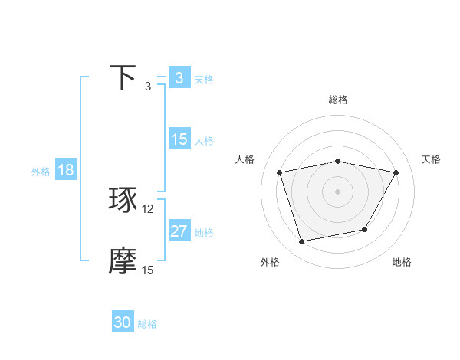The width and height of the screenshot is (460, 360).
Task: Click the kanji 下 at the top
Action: click(123, 78)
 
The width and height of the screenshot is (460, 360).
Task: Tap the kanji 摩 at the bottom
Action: click(123, 262)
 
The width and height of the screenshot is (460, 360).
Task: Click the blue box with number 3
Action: click(179, 78)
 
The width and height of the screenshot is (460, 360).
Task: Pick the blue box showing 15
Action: click(179, 139)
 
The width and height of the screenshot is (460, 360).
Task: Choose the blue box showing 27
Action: click(179, 231)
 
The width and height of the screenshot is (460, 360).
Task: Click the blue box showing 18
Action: click(66, 170)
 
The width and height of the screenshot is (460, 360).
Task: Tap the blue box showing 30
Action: click(123, 322)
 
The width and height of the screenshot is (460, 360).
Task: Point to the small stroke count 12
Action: click(148, 209)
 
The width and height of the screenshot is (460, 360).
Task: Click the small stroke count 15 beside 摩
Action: click(148, 270)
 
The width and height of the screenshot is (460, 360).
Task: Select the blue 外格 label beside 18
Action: click(41, 172)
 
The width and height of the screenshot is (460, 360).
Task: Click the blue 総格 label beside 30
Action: click(147, 324)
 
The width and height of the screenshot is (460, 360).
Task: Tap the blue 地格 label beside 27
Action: click(204, 233)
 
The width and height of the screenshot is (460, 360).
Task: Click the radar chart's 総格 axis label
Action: click(338, 100)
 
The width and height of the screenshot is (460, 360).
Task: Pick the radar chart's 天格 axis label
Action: click(431, 159)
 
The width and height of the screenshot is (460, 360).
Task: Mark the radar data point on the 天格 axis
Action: click(396, 172)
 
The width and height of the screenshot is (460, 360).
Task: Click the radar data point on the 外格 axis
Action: click(302, 241)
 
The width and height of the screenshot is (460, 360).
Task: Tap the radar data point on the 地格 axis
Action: click(365, 229)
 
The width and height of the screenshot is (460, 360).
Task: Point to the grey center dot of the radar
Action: click(338, 191)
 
